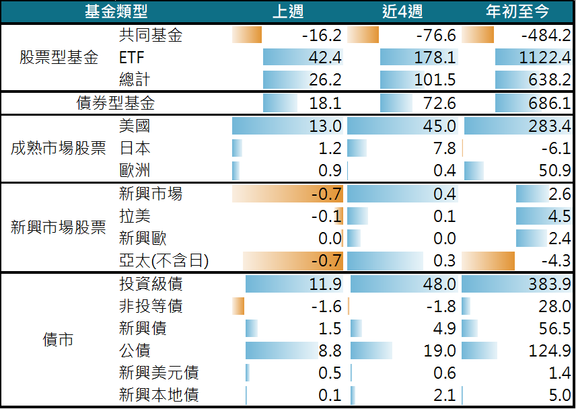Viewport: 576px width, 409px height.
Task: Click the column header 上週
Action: [x=288, y=11]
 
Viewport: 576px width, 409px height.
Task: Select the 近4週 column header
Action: [x=402, y=11]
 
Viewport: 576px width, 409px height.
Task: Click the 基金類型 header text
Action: [x=116, y=11]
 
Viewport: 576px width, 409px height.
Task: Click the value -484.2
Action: [x=541, y=36]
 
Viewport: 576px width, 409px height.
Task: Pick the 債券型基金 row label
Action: [x=116, y=104]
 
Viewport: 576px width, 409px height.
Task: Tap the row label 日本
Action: [x=134, y=148]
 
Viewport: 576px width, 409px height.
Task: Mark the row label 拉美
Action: [x=134, y=217]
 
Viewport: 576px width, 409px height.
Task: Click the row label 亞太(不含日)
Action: [x=163, y=261]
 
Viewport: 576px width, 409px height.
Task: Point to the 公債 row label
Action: [x=134, y=350]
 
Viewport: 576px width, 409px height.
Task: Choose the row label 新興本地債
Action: [x=158, y=395]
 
